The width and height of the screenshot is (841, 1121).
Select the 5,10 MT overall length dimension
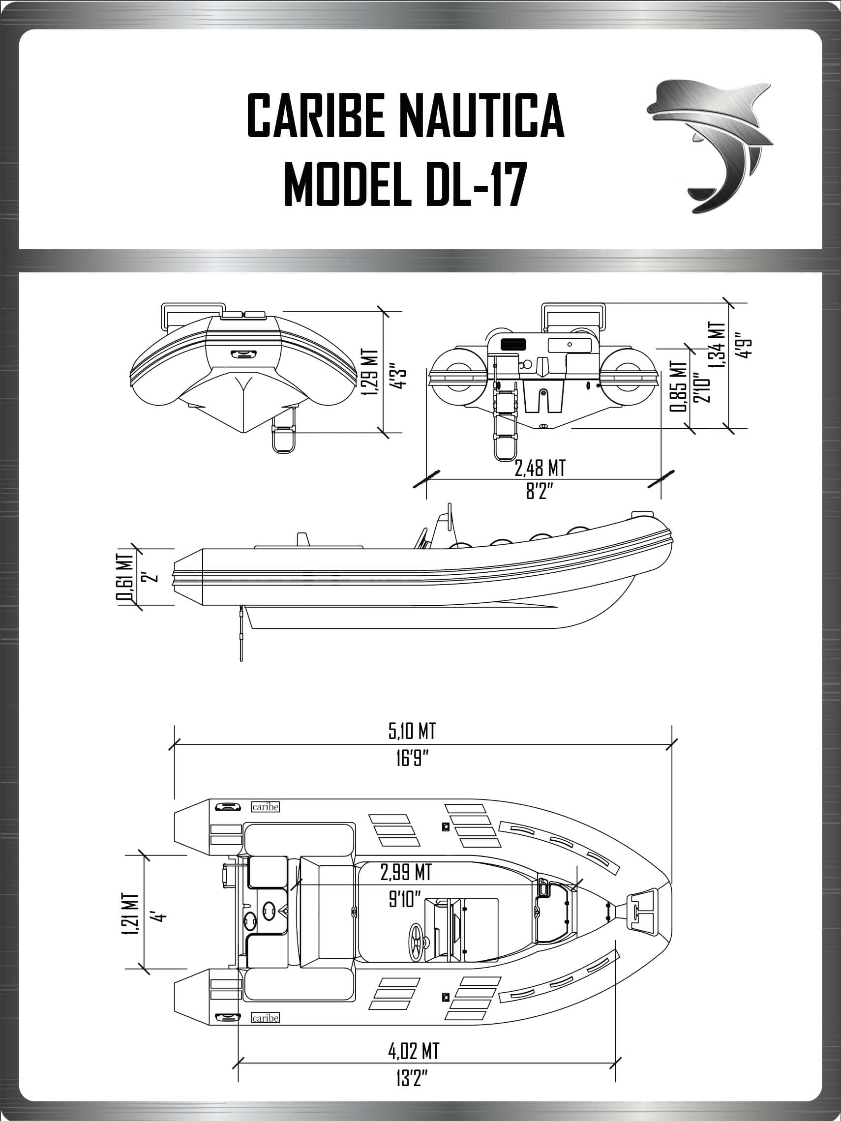412,731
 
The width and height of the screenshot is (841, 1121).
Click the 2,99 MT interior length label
406,872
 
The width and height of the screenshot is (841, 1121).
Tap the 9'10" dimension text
405,900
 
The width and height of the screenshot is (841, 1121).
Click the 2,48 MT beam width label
540,468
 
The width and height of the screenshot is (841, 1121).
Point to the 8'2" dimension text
539,491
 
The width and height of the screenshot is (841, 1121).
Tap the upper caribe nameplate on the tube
265,807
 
